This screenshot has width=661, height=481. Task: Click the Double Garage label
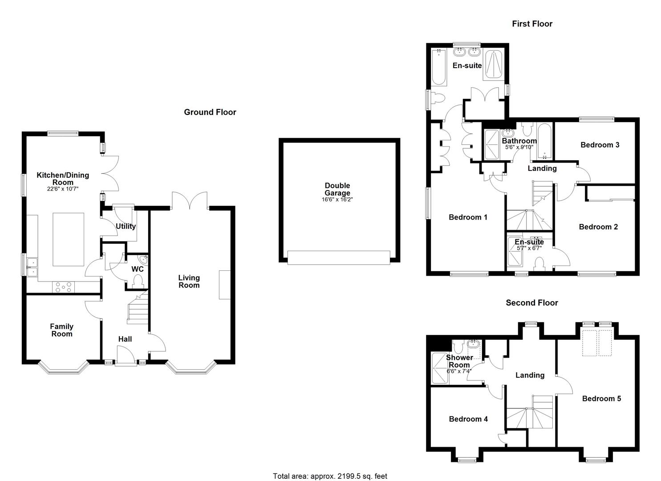(x=337, y=189)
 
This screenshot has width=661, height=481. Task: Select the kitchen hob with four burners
(x=63, y=287)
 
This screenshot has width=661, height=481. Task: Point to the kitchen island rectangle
(x=68, y=239)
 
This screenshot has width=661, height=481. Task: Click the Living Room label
(x=189, y=281)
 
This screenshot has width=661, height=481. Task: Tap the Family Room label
(x=61, y=330)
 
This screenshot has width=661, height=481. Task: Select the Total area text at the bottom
(x=330, y=476)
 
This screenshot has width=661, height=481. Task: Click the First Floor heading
(x=532, y=24)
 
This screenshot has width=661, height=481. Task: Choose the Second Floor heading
(x=531, y=303)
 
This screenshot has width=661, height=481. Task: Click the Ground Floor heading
(x=210, y=112)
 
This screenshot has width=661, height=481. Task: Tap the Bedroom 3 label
(x=600, y=145)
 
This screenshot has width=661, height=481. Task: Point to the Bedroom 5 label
(x=601, y=399)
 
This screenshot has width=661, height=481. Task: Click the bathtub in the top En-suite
(x=438, y=67)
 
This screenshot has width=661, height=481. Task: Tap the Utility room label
(x=126, y=226)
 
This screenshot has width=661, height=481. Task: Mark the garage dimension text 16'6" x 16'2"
(x=337, y=200)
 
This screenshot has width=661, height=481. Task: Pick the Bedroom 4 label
(x=468, y=419)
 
